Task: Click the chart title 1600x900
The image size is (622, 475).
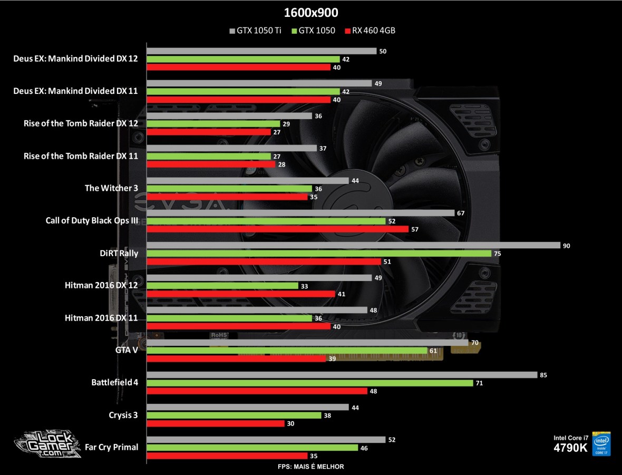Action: pos(310,13)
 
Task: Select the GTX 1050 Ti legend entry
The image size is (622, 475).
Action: pos(255,31)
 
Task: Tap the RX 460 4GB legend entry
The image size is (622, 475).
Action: pos(369,31)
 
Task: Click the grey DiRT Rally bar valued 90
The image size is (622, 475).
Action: pos(353,245)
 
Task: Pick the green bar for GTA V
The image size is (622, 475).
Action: pos(287,351)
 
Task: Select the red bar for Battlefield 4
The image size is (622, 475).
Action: pos(257,391)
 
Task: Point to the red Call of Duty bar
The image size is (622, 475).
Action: pos(277,229)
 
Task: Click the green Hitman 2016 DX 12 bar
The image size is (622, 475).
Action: pos(222,285)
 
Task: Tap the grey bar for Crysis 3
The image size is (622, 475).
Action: pos(247,407)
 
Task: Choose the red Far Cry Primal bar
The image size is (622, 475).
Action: pos(227,455)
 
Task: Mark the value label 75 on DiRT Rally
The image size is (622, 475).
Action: pos(498,254)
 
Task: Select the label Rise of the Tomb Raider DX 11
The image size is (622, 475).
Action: pos(81,156)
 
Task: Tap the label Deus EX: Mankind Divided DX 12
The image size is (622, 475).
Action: pos(75,59)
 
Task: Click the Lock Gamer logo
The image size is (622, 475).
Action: pos(47,445)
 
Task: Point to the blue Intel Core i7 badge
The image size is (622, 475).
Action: pos(601,443)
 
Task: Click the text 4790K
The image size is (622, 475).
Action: pos(571,448)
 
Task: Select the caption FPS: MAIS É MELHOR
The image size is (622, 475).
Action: pos(310,467)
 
